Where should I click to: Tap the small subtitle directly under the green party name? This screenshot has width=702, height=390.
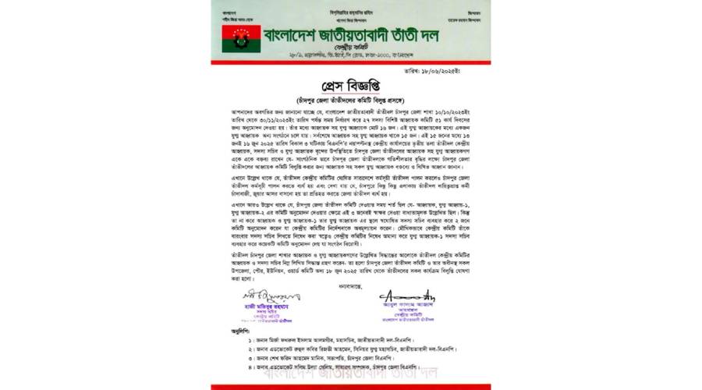[x=352, y=49]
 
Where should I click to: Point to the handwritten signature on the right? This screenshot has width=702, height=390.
[x=410, y=296]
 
